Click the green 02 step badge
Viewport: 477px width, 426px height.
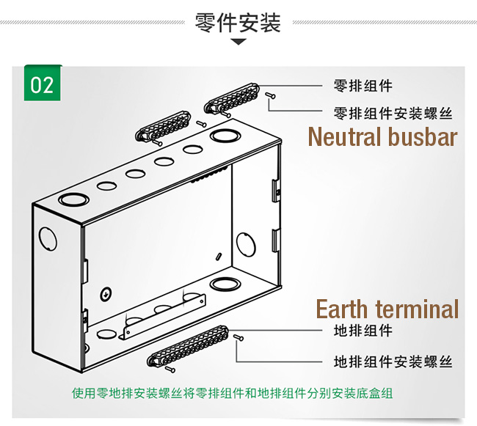tap(43, 84)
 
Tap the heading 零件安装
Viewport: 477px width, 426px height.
tap(238, 23)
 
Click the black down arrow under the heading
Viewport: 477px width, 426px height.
tap(238, 43)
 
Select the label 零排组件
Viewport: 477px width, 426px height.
tap(363, 86)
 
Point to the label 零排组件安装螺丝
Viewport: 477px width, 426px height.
tap(393, 114)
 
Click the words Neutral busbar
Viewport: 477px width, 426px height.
tap(382, 137)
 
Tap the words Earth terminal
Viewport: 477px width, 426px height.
tap(387, 309)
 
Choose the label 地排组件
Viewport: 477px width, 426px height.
tap(363, 331)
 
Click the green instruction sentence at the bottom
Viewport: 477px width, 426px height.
tap(233, 393)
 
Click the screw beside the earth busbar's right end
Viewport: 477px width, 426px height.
tap(238, 338)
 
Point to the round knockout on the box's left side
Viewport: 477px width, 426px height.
tap(48, 239)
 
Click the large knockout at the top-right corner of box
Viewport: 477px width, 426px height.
tap(221, 136)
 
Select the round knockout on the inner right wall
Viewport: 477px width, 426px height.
tap(244, 243)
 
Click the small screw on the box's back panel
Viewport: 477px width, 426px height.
tap(106, 293)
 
